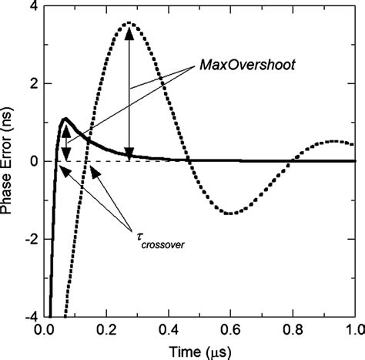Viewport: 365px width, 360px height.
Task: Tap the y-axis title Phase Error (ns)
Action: click(x=9, y=160)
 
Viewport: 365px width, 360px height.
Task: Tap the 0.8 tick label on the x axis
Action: click(x=292, y=330)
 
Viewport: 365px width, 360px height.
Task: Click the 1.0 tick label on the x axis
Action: click(x=353, y=330)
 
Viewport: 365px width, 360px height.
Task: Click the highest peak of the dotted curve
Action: click(x=129, y=23)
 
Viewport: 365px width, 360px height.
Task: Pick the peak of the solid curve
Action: click(x=65, y=119)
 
